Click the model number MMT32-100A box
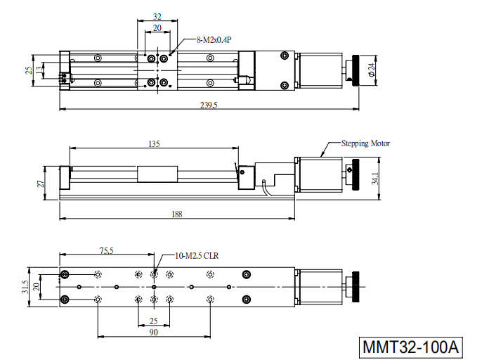point(410,347)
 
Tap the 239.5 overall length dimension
point(209,105)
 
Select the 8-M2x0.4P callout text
point(214,40)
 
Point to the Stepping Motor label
point(365,143)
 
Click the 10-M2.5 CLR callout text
point(197,256)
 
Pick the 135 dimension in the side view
point(154,144)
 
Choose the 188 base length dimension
point(177,214)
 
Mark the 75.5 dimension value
point(106,251)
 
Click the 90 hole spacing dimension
point(153,332)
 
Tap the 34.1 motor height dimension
point(375,179)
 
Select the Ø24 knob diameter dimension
point(372,70)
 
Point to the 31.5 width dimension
point(25,287)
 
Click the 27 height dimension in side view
point(41,184)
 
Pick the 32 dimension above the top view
point(157,17)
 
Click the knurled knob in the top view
point(356,70)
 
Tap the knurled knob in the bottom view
point(356,287)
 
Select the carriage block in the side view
point(157,174)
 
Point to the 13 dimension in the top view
point(39,70)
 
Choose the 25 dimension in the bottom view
point(153,321)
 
